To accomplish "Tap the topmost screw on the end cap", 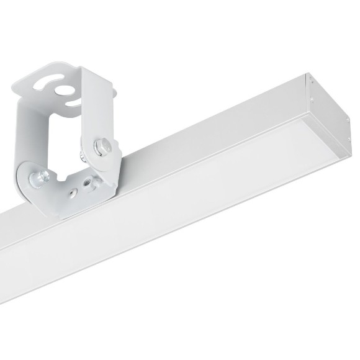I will (312, 80).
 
